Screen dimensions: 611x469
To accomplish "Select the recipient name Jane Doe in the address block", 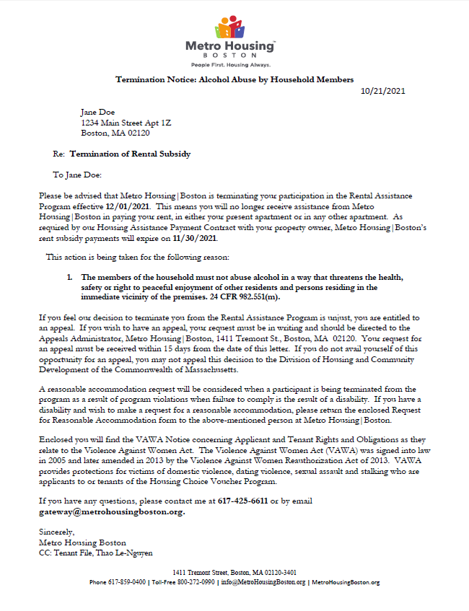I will tap(97, 113).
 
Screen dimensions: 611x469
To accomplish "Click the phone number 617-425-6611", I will tap(243, 501).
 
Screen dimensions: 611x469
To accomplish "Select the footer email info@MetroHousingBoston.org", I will tap(263, 582).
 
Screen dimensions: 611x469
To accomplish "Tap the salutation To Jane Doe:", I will tap(78, 175).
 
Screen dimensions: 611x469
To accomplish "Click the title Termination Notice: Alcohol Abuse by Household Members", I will tap(234, 79).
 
